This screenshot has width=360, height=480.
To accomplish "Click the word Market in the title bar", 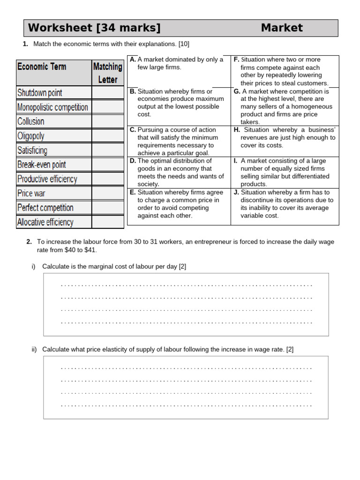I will [x=282, y=28].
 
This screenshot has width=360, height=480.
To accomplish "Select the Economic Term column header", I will [x=42, y=67].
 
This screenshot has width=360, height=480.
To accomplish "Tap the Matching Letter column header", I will [x=107, y=73].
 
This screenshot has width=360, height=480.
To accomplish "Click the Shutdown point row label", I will [x=39, y=93].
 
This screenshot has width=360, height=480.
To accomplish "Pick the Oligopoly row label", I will [x=31, y=136].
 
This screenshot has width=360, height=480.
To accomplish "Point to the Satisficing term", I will [x=32, y=150].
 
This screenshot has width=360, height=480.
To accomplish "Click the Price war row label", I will [x=31, y=193].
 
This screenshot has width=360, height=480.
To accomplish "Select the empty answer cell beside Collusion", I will [x=107, y=121].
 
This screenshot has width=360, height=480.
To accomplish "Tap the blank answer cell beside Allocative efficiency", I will [x=107, y=222].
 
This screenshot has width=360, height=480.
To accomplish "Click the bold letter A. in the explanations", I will [x=133, y=60].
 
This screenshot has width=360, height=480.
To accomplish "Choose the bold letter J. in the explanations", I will [x=236, y=192].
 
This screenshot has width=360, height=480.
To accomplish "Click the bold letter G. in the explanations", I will [x=237, y=91].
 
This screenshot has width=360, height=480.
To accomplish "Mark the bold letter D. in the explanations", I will [x=133, y=161].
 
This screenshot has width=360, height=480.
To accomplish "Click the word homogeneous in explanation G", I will [x=310, y=106].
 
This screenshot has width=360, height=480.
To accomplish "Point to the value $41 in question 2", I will [x=90, y=250].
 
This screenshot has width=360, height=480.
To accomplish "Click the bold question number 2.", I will [x=29, y=242].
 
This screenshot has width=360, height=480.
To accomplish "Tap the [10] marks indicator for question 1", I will [x=184, y=44].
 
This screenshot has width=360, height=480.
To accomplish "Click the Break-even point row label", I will [x=41, y=165].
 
